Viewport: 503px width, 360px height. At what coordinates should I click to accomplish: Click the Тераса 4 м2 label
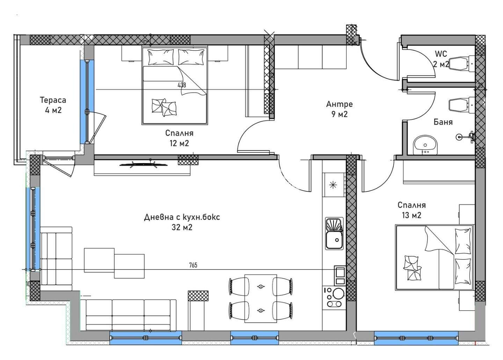click(x=53, y=105)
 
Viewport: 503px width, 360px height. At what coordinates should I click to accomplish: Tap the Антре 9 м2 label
click(x=339, y=109)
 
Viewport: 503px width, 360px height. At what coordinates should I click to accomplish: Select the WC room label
click(x=441, y=54)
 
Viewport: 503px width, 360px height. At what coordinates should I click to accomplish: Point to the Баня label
click(x=443, y=122)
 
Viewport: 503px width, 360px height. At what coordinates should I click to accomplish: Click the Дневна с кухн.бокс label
click(x=182, y=217)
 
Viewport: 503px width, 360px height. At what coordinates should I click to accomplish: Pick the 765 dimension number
click(x=193, y=265)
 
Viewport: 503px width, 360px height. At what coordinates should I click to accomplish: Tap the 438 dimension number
click(x=182, y=85)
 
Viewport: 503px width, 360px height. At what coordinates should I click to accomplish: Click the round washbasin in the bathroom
click(x=425, y=145)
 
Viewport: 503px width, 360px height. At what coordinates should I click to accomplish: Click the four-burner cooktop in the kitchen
click(x=334, y=297)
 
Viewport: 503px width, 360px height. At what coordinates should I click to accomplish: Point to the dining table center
click(x=261, y=299)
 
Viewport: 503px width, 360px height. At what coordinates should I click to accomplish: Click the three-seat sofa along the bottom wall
click(x=128, y=315)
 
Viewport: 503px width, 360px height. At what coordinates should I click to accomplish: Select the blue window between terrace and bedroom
click(x=87, y=102)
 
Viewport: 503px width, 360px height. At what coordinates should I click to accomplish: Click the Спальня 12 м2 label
click(x=179, y=138)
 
